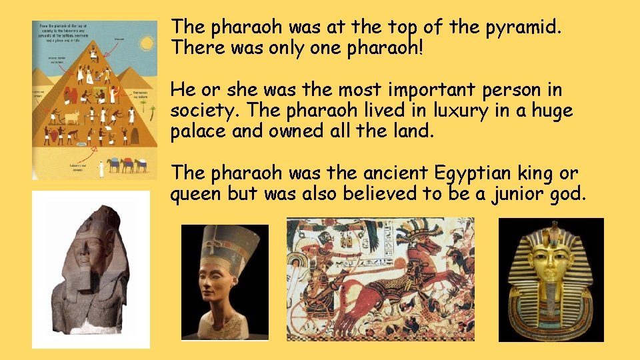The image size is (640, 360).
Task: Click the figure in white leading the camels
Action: (101, 169)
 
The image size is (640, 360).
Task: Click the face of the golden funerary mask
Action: (551, 261)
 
